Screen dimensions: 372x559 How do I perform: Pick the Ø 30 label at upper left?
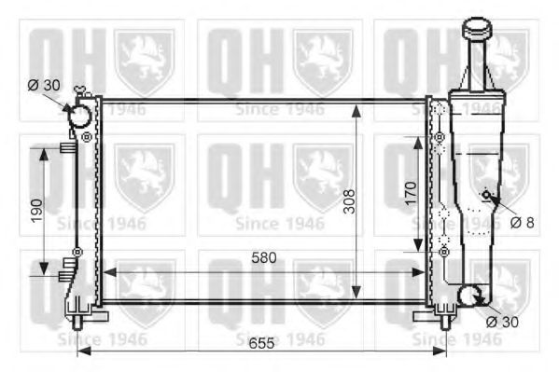(44, 85)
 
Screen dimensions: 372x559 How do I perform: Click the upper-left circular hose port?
(79, 115)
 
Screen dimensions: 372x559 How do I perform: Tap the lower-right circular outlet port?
(469, 296)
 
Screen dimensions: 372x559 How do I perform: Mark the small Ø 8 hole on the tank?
(486, 195)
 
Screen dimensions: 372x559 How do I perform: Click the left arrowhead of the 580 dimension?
(105, 272)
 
